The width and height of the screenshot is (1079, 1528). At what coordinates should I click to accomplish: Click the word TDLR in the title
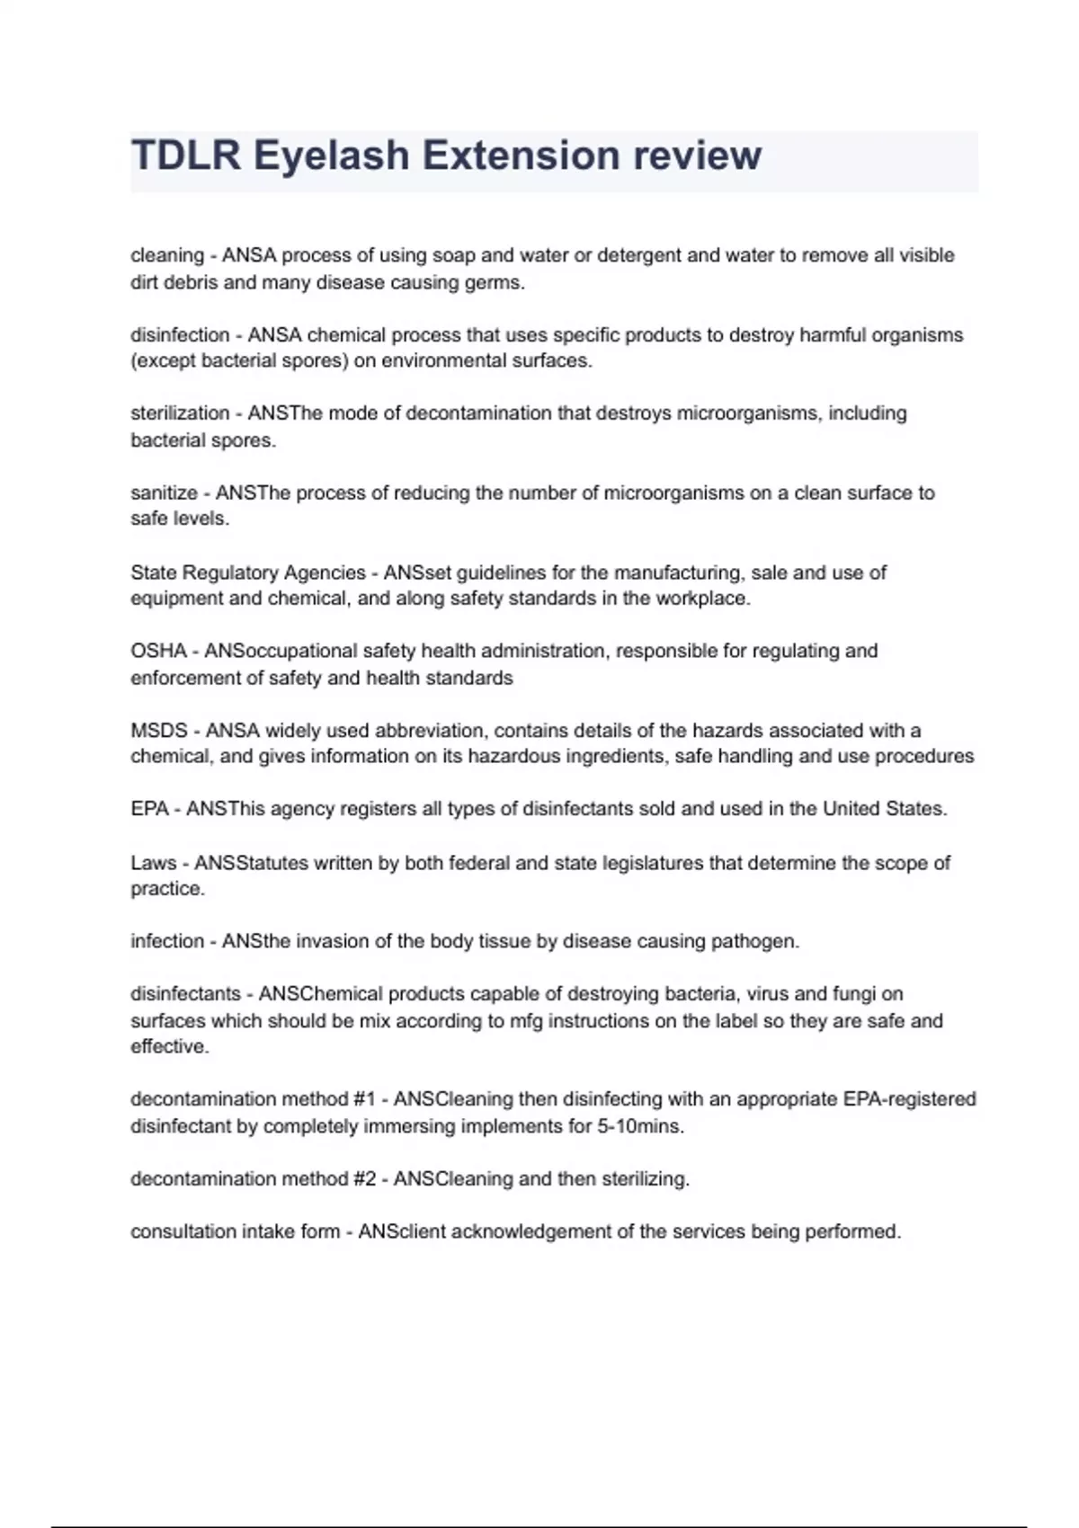186,155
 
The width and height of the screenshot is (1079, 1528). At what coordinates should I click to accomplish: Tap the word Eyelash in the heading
330,155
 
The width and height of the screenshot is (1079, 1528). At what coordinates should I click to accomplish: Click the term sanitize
164,493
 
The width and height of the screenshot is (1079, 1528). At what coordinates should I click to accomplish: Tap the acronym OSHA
158,651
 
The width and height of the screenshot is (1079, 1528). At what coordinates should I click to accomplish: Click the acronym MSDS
159,731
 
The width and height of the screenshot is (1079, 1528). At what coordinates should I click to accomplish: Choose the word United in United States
852,809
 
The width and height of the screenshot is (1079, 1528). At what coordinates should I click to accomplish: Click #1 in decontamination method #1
364,1099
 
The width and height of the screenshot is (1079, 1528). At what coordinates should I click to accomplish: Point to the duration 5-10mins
640,1126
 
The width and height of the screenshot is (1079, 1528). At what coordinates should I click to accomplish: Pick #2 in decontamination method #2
364,1178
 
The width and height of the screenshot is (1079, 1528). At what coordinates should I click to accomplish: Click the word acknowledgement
531,1231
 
